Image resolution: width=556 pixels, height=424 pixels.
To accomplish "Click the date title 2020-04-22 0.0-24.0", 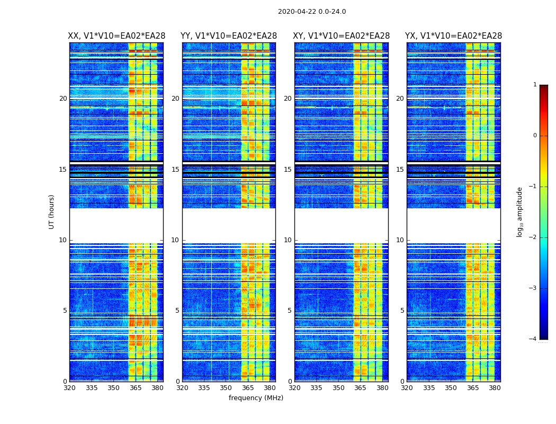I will tap(312, 12).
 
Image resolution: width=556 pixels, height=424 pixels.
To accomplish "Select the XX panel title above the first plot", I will tap(116, 36).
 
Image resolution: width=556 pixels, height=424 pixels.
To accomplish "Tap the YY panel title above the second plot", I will tap(229, 36).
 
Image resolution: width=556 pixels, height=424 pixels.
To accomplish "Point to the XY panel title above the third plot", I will tap(342, 36).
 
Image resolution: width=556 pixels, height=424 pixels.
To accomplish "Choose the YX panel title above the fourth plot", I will tap(453, 36).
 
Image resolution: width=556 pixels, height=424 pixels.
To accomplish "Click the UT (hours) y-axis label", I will tap(52, 211).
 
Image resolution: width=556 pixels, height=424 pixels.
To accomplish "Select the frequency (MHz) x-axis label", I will tap(256, 398).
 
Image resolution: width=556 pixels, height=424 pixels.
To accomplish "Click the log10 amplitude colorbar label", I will tap(520, 211).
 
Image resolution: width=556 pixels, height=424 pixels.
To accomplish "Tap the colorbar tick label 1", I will tap(534, 85).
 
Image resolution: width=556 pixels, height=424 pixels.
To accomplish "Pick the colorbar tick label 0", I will tap(534, 136).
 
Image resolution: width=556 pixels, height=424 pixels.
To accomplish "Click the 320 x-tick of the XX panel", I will tap(69, 388).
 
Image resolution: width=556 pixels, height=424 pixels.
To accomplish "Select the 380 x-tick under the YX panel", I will tap(495, 388).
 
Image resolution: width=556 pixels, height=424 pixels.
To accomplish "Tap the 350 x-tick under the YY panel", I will tap(226, 388).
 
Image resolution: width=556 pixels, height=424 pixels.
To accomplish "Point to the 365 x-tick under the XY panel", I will tap(360, 388).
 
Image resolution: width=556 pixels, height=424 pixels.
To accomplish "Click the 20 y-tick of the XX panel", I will tap(63, 99).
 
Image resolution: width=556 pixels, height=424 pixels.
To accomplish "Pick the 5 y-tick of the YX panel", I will tap(402, 311).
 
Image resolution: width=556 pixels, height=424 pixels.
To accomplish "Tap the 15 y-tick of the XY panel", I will tap(288, 170).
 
